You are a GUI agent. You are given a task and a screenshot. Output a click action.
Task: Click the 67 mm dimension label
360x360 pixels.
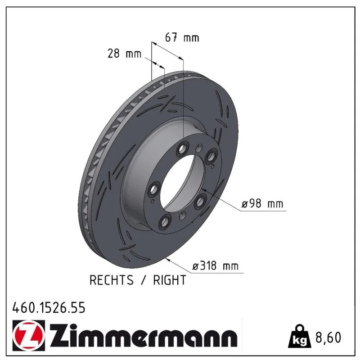point(182,38)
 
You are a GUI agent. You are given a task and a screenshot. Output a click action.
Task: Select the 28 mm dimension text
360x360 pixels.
point(125,54)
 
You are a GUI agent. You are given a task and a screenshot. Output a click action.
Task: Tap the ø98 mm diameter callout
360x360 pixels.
point(262,203)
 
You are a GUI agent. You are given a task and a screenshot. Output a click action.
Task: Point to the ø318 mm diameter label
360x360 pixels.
point(216,266)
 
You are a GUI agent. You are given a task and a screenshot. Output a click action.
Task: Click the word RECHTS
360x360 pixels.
point(111,280)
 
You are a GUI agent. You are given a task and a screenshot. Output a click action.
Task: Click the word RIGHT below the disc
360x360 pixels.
point(170,280)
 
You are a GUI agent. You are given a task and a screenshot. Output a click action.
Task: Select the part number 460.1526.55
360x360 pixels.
point(49,308)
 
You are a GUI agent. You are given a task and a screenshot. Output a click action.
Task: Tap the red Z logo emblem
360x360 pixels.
point(29,335)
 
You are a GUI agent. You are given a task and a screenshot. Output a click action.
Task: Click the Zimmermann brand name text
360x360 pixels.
point(144,335)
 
